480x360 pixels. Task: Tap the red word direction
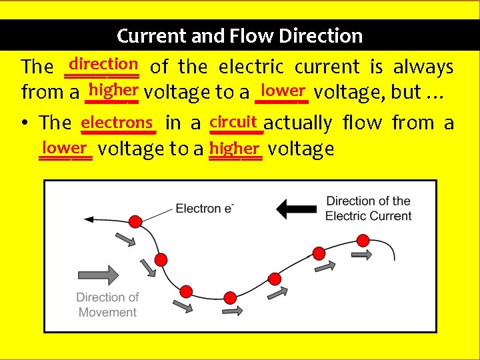click(x=103, y=64)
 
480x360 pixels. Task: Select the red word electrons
click(x=117, y=122)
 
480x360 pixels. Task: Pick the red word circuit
click(x=233, y=121)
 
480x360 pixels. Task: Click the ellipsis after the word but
click(x=435, y=93)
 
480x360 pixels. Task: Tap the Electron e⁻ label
click(x=205, y=209)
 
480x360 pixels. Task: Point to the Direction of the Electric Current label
click(x=368, y=208)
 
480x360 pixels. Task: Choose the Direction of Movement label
click(x=107, y=305)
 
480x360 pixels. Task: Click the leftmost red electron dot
click(x=135, y=221)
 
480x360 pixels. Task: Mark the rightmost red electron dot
click(x=363, y=240)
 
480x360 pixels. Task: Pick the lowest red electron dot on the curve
click(x=187, y=291)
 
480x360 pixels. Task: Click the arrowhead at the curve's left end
click(x=87, y=218)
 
